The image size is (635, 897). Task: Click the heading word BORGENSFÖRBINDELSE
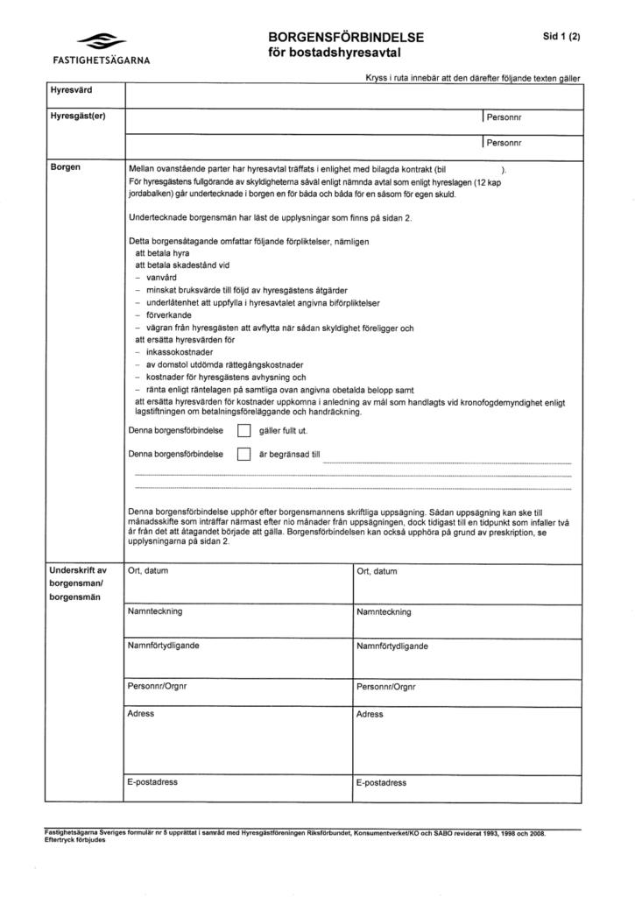[346, 38]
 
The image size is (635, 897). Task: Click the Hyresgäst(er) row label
[78, 117]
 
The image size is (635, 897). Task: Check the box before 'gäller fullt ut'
[244, 431]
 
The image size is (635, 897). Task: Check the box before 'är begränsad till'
[244, 455]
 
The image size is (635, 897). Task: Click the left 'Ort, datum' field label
[148, 571]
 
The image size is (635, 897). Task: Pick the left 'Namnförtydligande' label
[163, 646]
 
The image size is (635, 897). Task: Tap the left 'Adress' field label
[141, 714]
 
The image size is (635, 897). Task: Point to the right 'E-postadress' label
[382, 782]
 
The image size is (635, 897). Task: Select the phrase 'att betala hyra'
[164, 251]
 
